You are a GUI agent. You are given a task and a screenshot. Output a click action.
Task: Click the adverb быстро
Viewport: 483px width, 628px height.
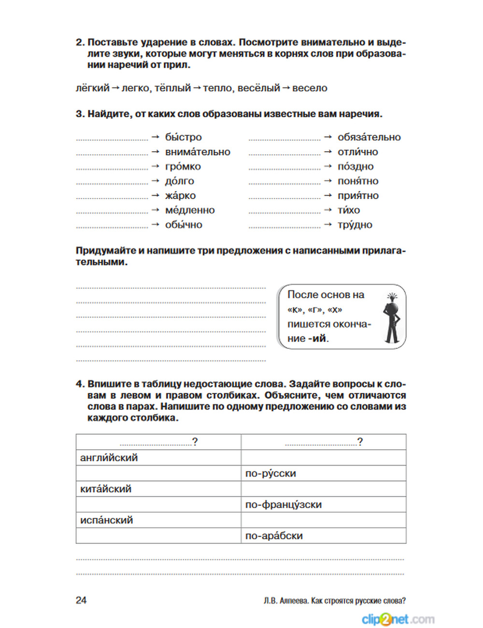pos(183,137)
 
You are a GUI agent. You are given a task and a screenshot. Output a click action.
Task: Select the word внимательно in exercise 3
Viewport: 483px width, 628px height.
pos(198,152)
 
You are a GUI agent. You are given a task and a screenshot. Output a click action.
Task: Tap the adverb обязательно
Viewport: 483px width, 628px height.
pos(369,137)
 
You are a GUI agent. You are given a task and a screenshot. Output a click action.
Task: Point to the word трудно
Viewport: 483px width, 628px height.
pos(355,225)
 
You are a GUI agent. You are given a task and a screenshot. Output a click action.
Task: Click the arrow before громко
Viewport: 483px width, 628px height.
pos(156,166)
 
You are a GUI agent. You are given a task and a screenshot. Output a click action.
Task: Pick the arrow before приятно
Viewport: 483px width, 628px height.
pos(328,195)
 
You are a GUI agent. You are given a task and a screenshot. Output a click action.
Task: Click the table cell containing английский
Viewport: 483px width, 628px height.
pos(158,457)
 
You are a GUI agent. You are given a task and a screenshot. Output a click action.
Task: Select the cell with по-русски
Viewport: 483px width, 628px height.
pos(323,473)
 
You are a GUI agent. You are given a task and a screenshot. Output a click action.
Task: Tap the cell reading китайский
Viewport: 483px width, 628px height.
pos(158,489)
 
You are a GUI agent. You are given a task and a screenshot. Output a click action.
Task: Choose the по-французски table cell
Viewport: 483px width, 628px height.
pos(323,504)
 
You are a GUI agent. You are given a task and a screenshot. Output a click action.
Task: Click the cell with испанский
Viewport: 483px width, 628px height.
pos(158,520)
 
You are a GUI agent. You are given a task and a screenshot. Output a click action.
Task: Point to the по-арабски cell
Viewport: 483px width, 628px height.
pos(323,536)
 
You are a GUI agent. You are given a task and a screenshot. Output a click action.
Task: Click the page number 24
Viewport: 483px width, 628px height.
pos(81,600)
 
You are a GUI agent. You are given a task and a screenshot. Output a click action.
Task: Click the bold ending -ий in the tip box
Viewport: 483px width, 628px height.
pos(318,339)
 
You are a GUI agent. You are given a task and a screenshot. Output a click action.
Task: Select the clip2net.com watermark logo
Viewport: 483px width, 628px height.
pos(398,619)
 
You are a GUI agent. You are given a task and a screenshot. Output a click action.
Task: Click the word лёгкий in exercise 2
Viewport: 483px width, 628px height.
pos(93,88)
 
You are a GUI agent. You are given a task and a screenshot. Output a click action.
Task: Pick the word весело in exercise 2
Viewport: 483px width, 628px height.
pos(310,88)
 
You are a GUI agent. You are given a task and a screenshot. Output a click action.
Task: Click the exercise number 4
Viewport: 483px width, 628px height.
pos(80,384)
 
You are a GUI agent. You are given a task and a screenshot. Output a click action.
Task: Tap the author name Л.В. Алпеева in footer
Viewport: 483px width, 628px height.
pos(285,600)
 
